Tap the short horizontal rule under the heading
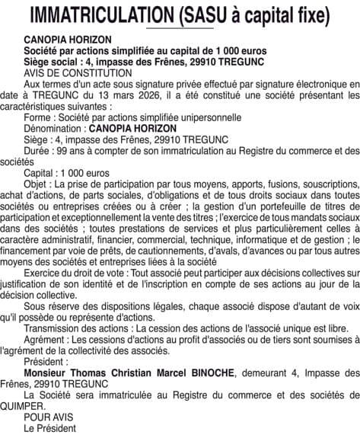(x=180, y=28)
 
